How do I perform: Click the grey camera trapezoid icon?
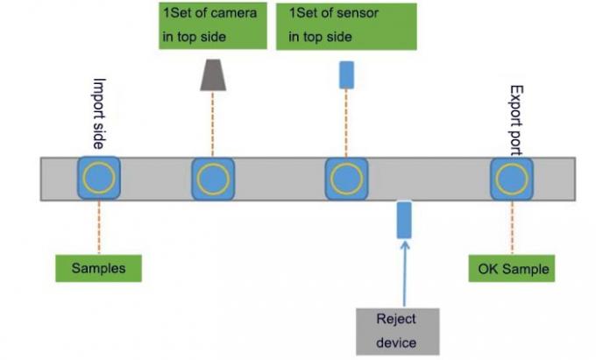213,75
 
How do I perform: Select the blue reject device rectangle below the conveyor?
404,220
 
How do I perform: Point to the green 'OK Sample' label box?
514,267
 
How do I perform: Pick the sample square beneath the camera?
213,179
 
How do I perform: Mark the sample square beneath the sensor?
346,179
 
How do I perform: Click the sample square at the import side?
98,179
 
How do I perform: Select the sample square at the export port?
510,179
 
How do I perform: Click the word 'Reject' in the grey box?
396,319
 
